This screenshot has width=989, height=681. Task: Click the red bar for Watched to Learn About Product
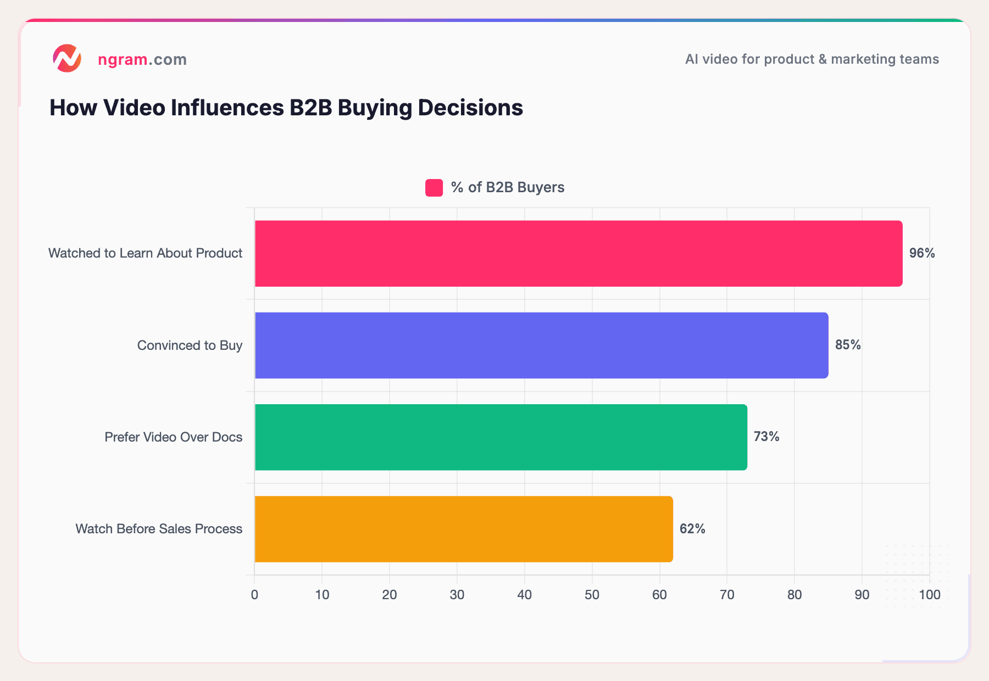point(578,253)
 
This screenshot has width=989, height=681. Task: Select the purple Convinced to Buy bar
point(541,345)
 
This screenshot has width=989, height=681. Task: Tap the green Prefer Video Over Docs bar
point(501,437)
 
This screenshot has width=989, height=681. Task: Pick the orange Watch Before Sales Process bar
point(463,529)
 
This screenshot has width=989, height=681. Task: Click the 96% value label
point(921,253)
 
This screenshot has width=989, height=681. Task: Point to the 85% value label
point(848,345)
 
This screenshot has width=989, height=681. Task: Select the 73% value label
point(766,437)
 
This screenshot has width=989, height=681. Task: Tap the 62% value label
point(692,529)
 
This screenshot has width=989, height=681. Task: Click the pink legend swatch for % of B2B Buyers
point(434,188)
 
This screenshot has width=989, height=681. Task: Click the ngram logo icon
point(67,58)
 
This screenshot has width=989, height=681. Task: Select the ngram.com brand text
point(142,59)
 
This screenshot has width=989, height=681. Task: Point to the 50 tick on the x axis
point(592,595)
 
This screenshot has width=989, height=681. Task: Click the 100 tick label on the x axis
point(930,595)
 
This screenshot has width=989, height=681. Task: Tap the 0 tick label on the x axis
point(254,595)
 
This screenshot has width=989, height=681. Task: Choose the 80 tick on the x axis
point(794,595)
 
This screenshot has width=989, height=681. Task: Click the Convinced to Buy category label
point(190,345)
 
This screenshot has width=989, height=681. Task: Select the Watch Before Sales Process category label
point(159,529)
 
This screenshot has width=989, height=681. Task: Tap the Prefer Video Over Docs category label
point(173,437)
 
